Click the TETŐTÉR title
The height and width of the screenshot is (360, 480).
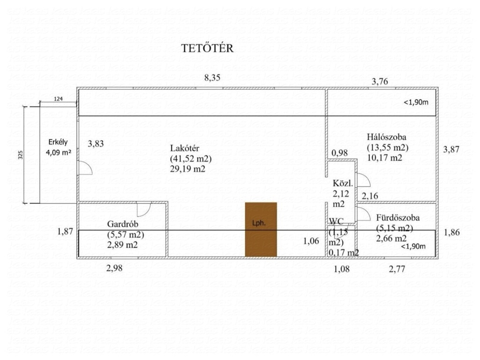[x=207, y=49]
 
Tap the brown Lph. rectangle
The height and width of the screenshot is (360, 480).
[x=261, y=229]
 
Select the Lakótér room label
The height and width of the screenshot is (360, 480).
[x=185, y=149]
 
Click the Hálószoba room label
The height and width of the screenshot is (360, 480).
[x=386, y=137]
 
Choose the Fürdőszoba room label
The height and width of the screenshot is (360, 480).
[x=397, y=218]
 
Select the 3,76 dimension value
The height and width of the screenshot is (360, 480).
[x=380, y=82]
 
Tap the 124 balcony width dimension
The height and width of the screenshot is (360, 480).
[x=58, y=99]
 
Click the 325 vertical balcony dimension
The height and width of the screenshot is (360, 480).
[x=20, y=155]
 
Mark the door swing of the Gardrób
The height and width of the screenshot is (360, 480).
[x=143, y=209]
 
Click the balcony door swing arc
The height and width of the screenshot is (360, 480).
[x=85, y=168]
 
